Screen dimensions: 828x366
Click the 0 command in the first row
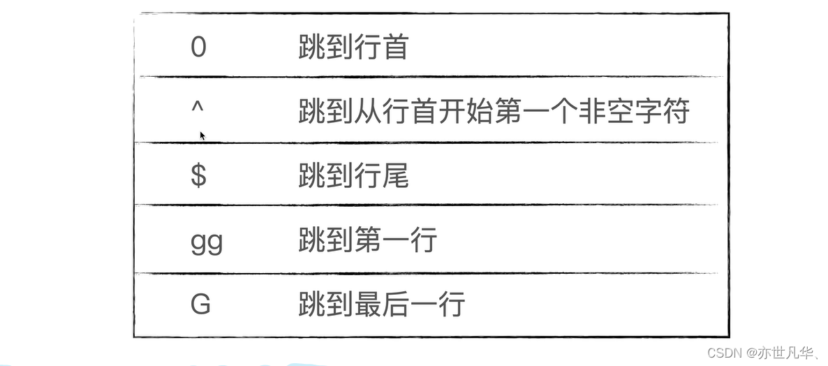[198, 47]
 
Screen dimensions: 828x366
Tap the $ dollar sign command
[198, 175]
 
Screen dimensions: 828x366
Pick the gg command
[206, 242]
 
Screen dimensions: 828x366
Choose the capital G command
[200, 305]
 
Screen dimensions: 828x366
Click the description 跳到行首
[353, 47]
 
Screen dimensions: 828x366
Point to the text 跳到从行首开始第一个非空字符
[494, 112]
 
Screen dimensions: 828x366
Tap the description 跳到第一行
[367, 240]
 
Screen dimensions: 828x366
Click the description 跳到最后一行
[381, 305]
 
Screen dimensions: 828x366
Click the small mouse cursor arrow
[202, 136]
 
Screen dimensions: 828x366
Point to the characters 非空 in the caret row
[605, 112]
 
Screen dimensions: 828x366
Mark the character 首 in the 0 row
[395, 47]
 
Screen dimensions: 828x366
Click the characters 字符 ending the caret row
[661, 112]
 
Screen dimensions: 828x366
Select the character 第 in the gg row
[367, 240]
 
